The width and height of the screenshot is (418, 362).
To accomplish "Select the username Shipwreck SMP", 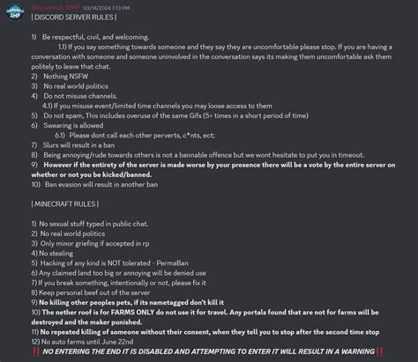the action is click(x=55, y=5).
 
